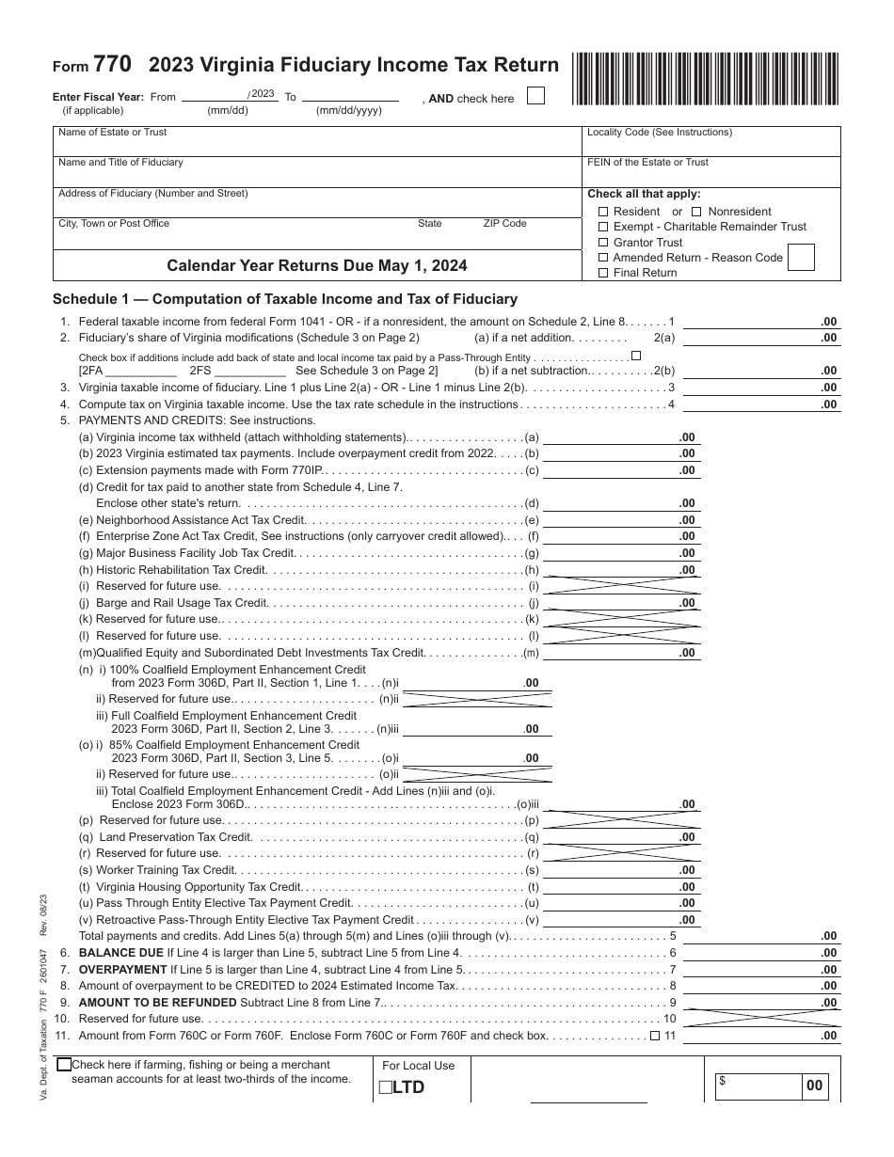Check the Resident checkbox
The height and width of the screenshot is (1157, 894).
604,212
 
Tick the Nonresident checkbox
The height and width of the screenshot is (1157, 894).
697,212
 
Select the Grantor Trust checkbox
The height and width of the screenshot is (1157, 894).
604,243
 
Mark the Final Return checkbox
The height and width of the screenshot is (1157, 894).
604,273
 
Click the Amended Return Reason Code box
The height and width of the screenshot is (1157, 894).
800,257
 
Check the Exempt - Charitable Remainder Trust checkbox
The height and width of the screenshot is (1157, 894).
604,227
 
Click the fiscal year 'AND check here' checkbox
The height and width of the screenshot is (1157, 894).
535,96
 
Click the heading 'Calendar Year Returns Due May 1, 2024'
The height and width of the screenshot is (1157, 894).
317,265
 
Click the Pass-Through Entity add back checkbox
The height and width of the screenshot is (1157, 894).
636,356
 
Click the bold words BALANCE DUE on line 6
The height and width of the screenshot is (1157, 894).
121,953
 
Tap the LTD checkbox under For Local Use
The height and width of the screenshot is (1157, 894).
385,1088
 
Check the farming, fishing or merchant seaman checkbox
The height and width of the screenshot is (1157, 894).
64,1065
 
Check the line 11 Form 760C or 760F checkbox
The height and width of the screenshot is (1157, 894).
654,1036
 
